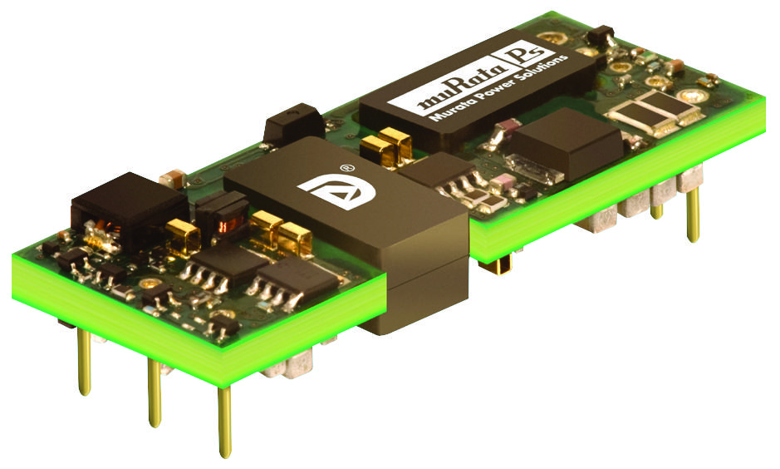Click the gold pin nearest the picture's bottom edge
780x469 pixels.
point(224,422)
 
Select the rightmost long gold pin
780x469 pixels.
point(693,213)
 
